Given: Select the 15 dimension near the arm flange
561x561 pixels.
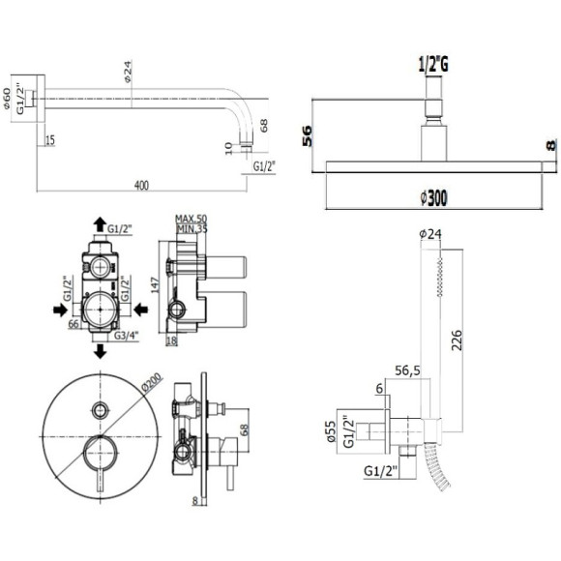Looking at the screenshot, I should [x=49, y=141].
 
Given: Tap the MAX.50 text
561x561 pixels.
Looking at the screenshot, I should [x=192, y=220].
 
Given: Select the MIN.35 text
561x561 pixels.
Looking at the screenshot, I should [x=192, y=229].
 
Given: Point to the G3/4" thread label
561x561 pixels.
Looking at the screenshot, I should [x=127, y=335].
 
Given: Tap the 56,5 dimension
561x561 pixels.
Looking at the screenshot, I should [x=407, y=368].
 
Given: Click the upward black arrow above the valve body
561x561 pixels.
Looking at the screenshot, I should [x=100, y=224].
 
